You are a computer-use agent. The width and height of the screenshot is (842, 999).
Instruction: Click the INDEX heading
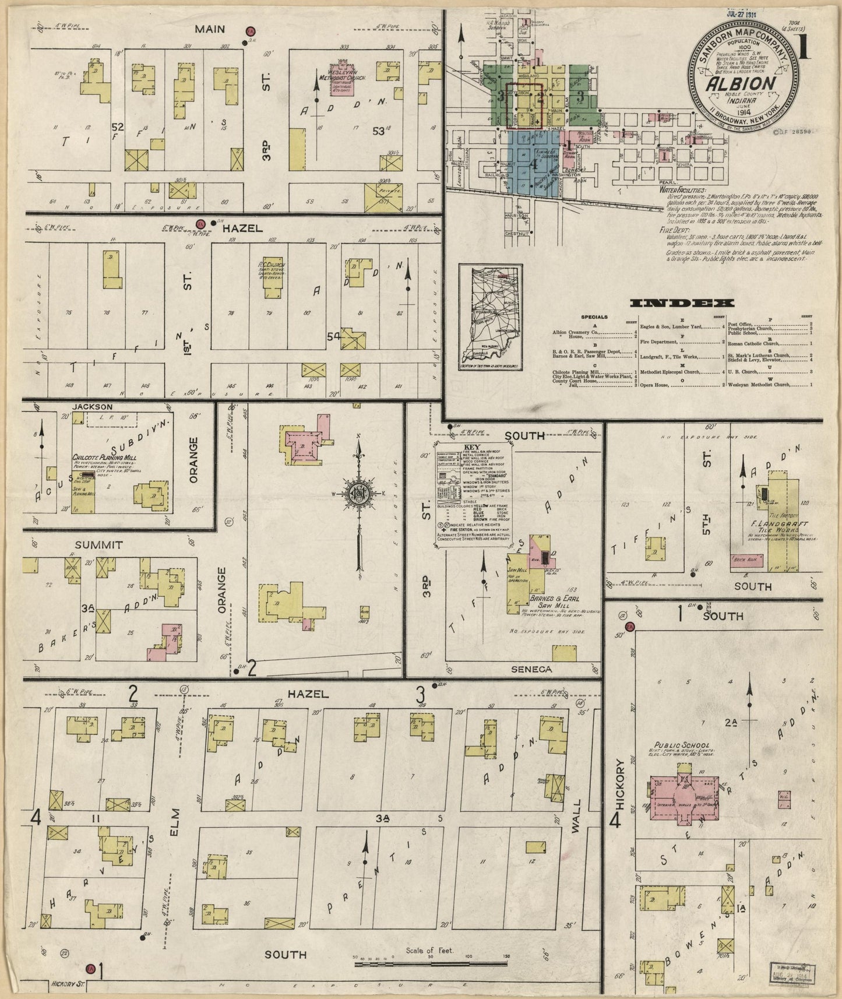coord(682,303)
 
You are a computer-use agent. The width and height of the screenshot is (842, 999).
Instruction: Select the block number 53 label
coord(379,131)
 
